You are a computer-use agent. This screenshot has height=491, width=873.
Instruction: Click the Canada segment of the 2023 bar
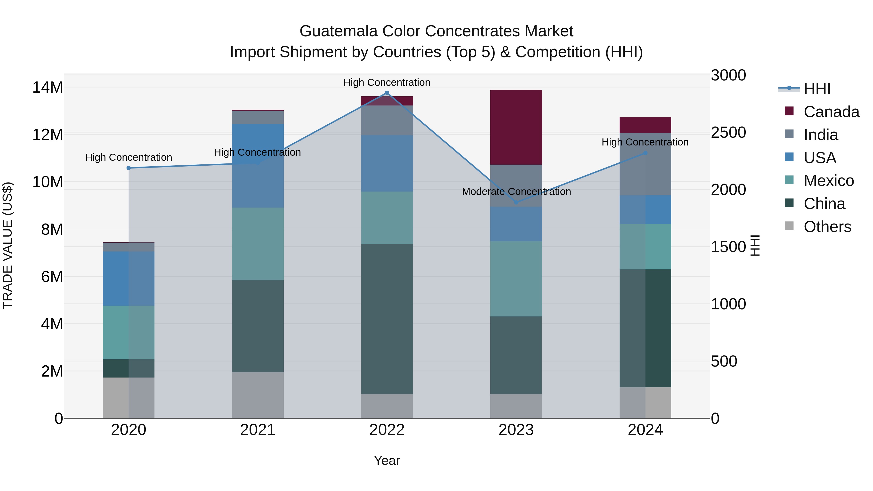point(516,127)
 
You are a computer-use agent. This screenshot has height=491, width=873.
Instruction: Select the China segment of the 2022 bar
point(387,319)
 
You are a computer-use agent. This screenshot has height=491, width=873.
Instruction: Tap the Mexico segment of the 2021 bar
point(258,244)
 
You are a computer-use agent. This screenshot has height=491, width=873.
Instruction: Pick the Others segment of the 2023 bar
point(516,406)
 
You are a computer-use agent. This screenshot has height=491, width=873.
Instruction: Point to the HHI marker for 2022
point(387,93)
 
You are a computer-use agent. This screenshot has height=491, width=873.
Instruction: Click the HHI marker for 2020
point(129,168)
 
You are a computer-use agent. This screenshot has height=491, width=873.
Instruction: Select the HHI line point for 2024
point(645,153)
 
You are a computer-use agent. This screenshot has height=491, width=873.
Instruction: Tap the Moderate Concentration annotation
point(516,192)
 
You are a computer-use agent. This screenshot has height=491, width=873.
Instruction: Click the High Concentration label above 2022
point(387,83)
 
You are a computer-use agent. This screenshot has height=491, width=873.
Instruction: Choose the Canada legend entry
point(831,112)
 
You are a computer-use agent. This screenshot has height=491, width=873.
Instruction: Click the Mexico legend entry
point(828,181)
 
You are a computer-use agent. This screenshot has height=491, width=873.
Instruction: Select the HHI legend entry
point(817,89)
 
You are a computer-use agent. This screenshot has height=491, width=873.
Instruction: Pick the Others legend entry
point(827,227)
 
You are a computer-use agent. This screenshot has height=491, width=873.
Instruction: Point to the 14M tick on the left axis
point(48,88)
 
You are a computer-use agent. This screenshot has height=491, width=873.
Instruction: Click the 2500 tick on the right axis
point(728,132)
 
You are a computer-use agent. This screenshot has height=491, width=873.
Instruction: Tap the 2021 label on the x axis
point(258,430)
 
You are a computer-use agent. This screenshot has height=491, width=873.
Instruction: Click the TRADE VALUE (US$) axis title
point(8,245)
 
